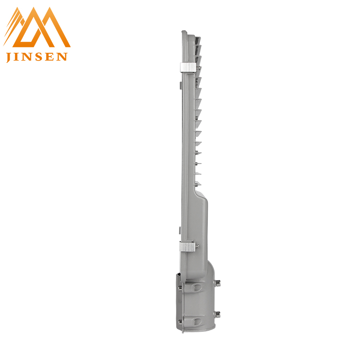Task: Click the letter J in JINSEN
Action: (9, 58)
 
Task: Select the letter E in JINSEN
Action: (50, 57)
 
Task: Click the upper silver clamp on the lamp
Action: (188, 67)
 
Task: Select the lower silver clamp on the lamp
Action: (187, 246)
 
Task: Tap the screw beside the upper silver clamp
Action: (199, 68)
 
